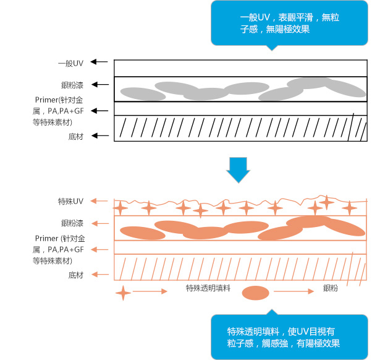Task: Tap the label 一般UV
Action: (70, 62)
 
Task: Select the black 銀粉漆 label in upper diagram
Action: (72, 84)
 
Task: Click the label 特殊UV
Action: (70, 202)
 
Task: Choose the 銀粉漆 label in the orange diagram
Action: (72, 223)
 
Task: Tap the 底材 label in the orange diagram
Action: (76, 275)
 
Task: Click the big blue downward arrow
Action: (237, 170)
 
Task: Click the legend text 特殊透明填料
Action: (208, 288)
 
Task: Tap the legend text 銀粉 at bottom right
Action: (331, 288)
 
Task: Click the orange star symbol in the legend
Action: (123, 292)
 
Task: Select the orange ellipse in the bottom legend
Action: (256, 293)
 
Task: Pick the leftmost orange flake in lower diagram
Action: (139, 233)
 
